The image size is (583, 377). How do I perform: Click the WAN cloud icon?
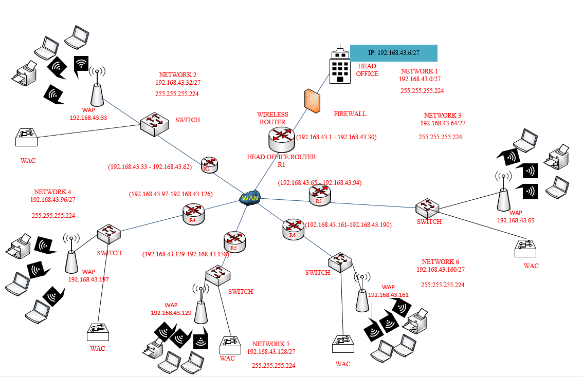(x=250, y=198)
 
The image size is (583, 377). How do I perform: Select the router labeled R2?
(x=209, y=165)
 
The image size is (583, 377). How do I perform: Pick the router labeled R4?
(x=193, y=213)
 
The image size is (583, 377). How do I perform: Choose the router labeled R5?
(x=234, y=241)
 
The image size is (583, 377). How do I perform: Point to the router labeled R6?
(x=293, y=229)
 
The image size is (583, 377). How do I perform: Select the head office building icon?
(x=339, y=66)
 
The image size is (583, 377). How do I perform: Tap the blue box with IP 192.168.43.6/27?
(x=393, y=53)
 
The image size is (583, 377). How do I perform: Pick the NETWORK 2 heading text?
(x=177, y=74)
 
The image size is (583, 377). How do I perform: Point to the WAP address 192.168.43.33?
(x=88, y=118)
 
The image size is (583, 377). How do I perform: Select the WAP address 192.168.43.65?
(x=516, y=220)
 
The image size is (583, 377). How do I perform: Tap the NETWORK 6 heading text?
(x=441, y=262)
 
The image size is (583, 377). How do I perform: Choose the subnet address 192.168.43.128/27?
(x=271, y=351)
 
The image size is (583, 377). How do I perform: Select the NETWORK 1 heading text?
(x=420, y=71)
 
